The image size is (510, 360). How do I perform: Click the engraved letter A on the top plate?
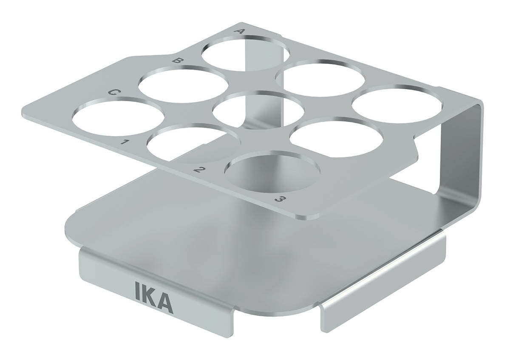(238, 31)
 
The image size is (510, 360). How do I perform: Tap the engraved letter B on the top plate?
(178, 61)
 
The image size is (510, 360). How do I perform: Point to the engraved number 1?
(125, 143)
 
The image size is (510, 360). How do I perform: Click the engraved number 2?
(199, 170)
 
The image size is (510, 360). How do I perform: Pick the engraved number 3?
(280, 200)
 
